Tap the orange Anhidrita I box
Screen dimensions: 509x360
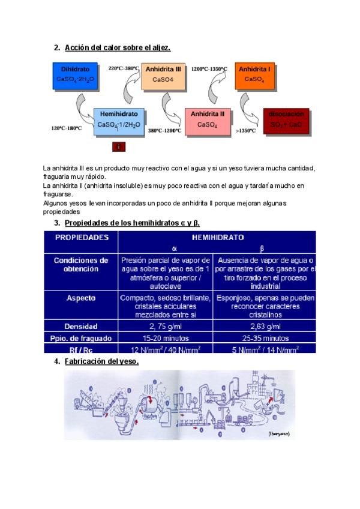point(254,74)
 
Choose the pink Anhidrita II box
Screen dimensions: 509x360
point(207,119)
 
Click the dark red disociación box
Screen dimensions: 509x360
point(286,119)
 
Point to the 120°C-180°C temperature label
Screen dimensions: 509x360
point(67,128)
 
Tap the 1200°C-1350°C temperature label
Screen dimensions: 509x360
point(209,69)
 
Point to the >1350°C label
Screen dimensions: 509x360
point(245,130)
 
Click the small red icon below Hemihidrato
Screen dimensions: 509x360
point(119,146)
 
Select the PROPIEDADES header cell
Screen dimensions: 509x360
point(82,237)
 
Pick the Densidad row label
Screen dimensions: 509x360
point(82,326)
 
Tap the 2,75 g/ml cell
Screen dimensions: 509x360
point(166,326)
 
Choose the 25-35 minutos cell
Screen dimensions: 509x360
point(265,337)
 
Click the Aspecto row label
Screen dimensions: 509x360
point(82,298)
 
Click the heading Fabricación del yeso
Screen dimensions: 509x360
point(101,361)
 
